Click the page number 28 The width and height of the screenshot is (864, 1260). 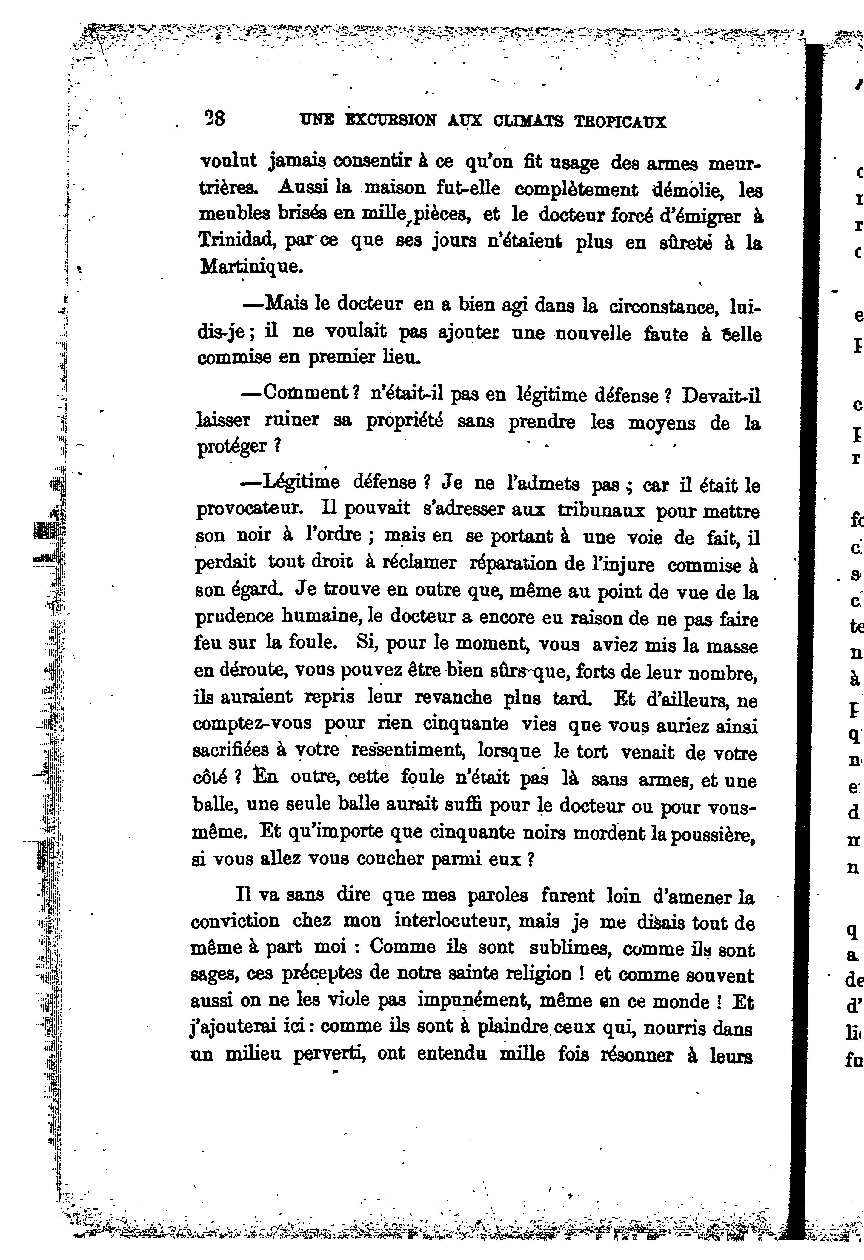click(x=214, y=118)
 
